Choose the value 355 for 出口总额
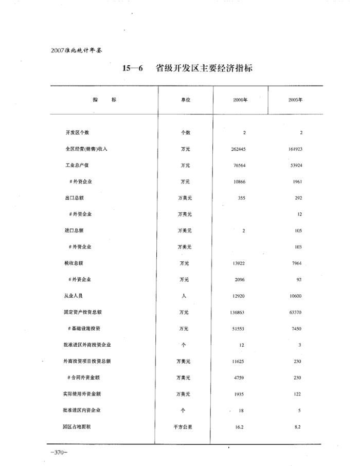point(242,198)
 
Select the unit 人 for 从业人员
point(184,296)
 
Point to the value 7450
point(296,328)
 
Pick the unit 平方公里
point(184,427)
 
